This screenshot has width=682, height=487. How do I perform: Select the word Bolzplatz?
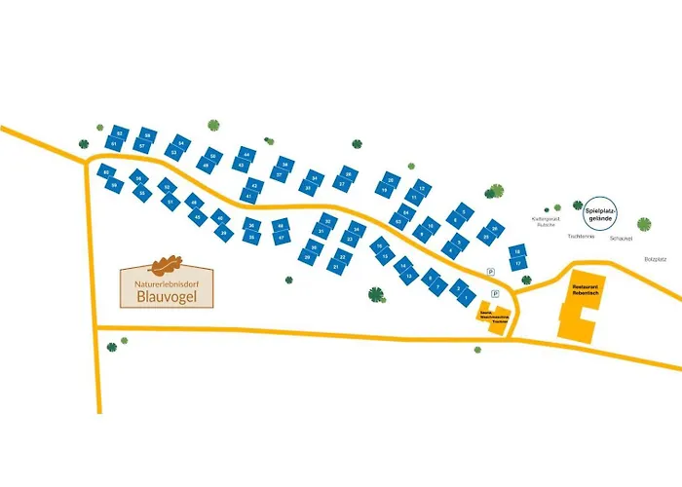pyautogui.click(x=659, y=259)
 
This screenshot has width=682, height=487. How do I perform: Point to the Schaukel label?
pyautogui.click(x=620, y=238)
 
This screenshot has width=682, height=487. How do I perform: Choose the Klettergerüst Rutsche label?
pyautogui.click(x=544, y=222)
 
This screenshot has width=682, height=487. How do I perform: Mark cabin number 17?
pyautogui.click(x=519, y=263)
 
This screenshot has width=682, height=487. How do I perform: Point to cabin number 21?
pyautogui.click(x=337, y=265)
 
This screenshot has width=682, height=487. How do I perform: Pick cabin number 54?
pyautogui.click(x=181, y=142)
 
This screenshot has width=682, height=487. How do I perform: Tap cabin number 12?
pyautogui.click(x=420, y=186)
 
